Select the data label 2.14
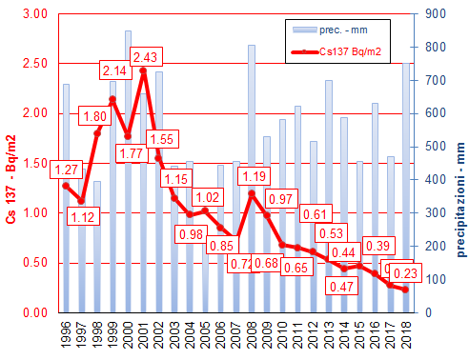113,71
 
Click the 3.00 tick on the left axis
36,14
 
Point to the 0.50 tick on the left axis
36,263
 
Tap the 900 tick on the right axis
431,14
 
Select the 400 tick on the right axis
431,180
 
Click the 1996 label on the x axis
66,335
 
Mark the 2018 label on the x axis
406,335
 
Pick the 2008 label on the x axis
252,335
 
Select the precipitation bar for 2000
128,171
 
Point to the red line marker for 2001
143,70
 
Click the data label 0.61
314,214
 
